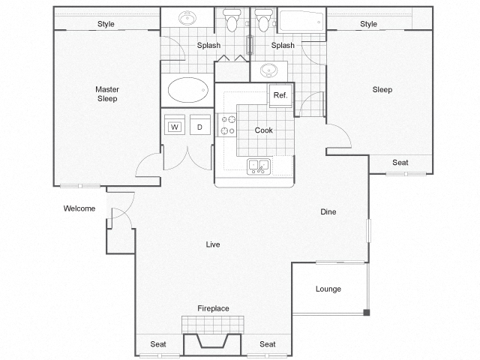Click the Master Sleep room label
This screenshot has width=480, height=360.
pos(106,94)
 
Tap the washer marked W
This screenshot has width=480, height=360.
pos(175,124)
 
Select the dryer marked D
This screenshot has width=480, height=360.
pos(200,124)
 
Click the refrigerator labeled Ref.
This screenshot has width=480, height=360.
pos(280,95)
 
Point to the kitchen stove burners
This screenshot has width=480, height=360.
pos(227,124)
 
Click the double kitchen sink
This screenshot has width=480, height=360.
pos(259,166)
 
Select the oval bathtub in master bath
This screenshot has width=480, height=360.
pos(188,90)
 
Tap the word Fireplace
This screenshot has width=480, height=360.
pos(213,308)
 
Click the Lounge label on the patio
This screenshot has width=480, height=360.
pos(328,289)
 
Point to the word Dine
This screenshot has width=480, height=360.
pos(328,211)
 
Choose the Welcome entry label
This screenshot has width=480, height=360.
pos(79,208)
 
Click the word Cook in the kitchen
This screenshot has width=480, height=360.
pos(263,130)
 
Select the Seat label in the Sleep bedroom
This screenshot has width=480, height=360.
pos(400,163)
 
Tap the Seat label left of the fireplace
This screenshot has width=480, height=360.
pos(158,344)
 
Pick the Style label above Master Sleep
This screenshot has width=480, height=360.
pos(106,24)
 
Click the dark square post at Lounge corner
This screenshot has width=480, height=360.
pos(367,313)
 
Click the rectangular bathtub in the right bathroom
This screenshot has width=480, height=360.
pos(301,21)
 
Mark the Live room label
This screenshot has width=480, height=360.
pos(213,244)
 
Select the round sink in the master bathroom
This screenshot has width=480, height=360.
pos(187,18)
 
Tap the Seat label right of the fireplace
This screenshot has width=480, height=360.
pos(268,344)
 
